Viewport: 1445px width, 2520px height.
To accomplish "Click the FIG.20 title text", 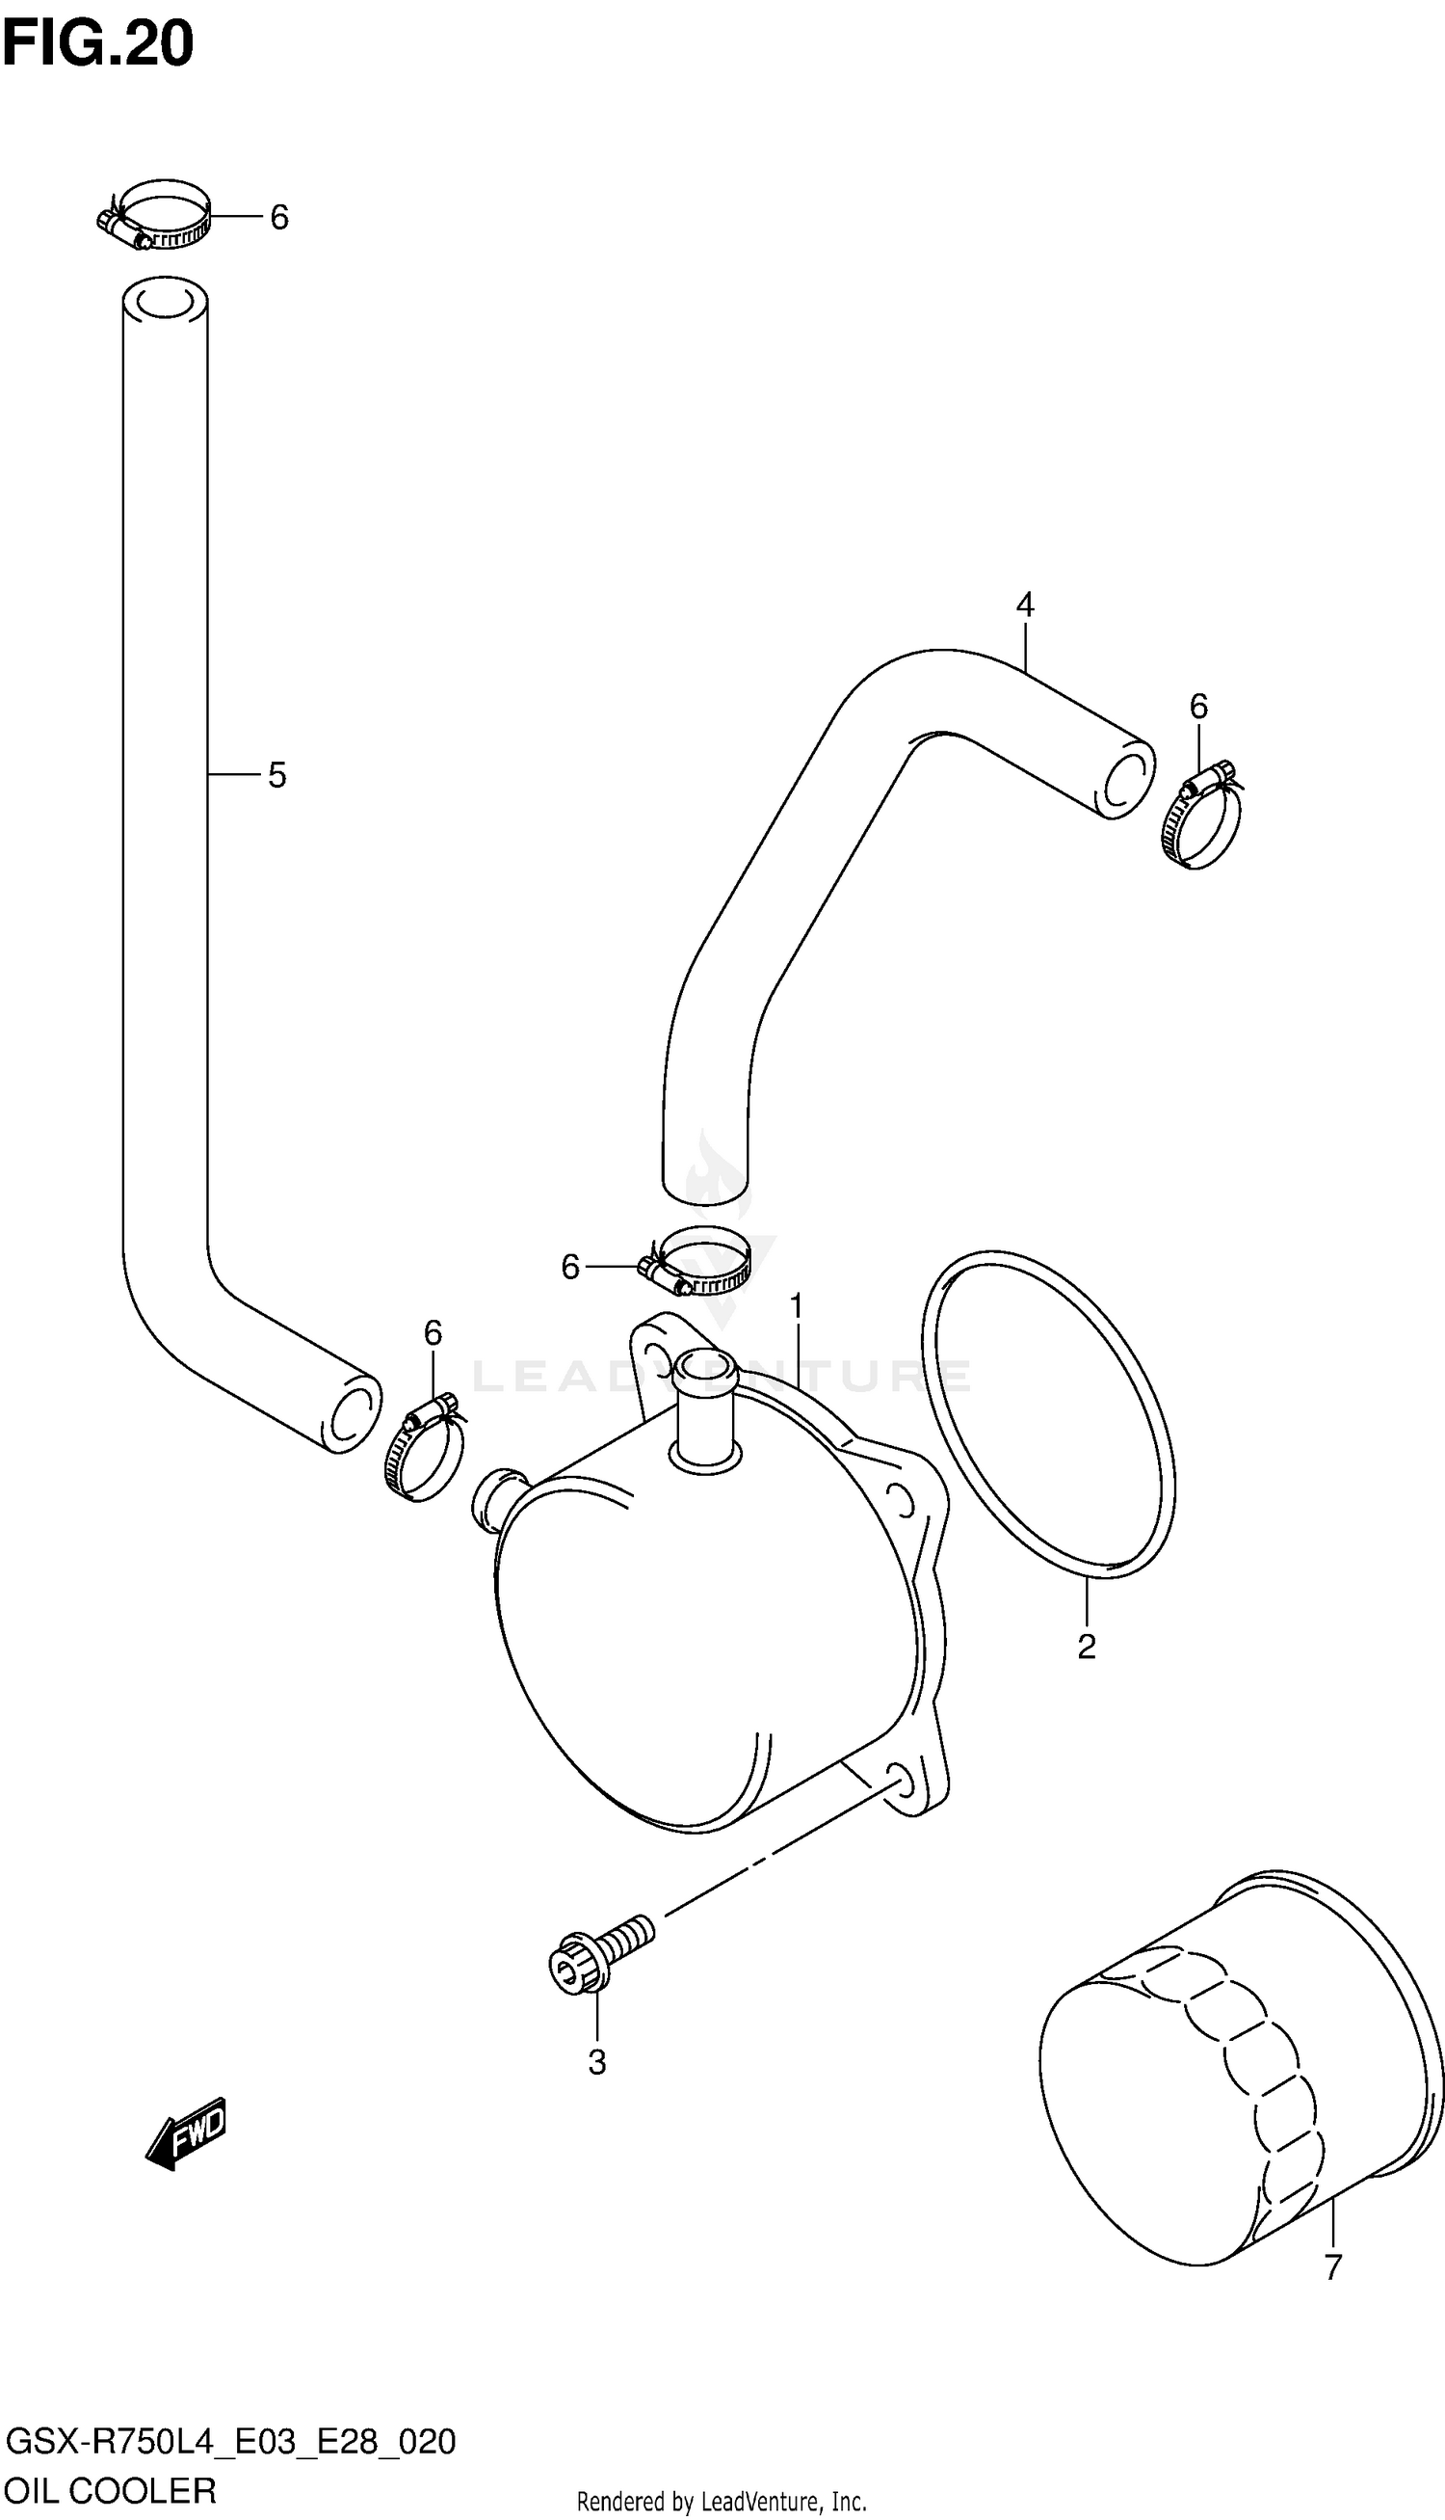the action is click(97, 43).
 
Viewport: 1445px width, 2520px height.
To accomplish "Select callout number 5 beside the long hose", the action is click(276, 775).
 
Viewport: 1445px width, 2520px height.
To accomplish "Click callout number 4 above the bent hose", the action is click(1025, 603).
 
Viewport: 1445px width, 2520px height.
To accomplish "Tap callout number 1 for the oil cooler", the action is click(797, 1307).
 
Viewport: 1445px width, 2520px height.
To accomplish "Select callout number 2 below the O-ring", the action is click(1087, 1648).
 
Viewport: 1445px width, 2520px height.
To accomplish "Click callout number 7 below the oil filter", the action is click(1333, 2266).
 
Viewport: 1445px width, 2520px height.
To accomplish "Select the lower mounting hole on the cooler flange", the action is click(897, 1781).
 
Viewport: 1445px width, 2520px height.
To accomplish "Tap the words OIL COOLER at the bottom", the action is click(110, 2491).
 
